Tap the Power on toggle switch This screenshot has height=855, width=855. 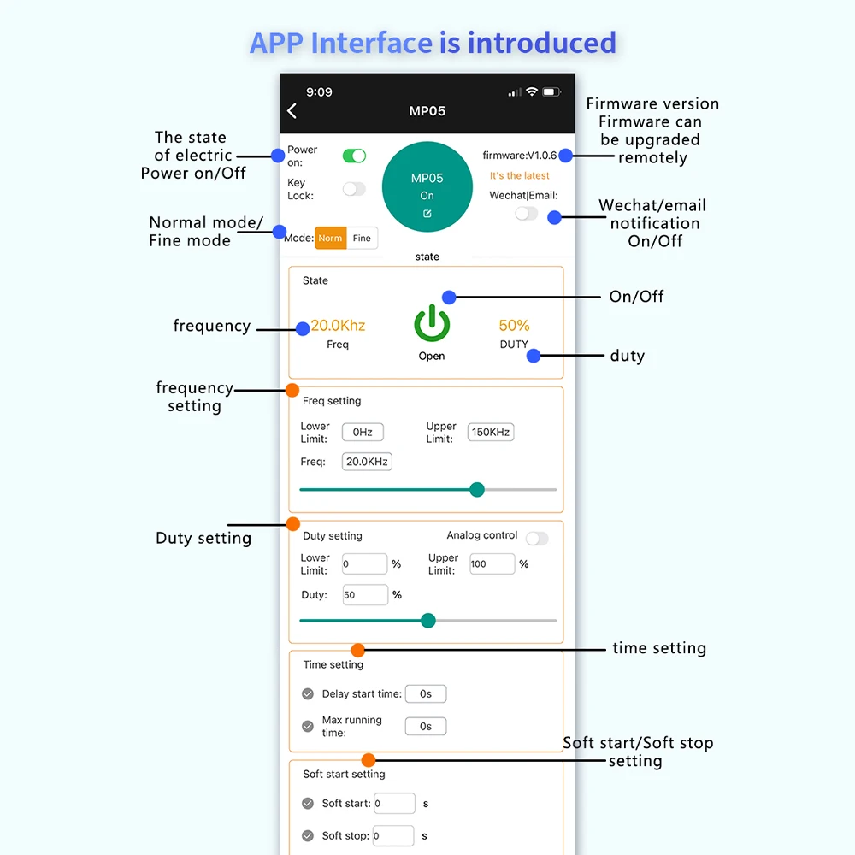pyautogui.click(x=354, y=156)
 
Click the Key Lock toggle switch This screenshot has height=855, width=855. pyautogui.click(x=354, y=189)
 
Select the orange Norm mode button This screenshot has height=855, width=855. pyautogui.click(x=330, y=239)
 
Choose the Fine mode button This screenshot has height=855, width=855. pyautogui.click(x=362, y=239)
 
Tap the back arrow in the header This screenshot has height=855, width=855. pyautogui.click(x=292, y=111)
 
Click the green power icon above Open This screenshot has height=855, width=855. pyautogui.click(x=432, y=325)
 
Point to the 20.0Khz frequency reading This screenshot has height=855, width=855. pyautogui.click(x=338, y=326)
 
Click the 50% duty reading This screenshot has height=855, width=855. pyautogui.click(x=514, y=326)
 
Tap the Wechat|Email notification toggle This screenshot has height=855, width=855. pyautogui.click(x=526, y=214)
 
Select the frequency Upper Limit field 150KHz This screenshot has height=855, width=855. pyautogui.click(x=491, y=433)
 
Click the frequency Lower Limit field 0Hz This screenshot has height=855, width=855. pyautogui.click(x=363, y=433)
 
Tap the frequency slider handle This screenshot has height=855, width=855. pyautogui.click(x=477, y=490)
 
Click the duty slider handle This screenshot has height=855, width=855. pyautogui.click(x=428, y=621)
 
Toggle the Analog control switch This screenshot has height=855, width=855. pyautogui.click(x=537, y=539)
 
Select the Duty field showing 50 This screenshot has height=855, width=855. pyautogui.click(x=365, y=595)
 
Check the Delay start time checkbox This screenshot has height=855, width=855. pyautogui.click(x=308, y=694)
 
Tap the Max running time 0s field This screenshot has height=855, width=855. pyautogui.click(x=426, y=727)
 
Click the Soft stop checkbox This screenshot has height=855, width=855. pyautogui.click(x=308, y=836)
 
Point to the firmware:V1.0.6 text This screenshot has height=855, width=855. pyautogui.click(x=519, y=156)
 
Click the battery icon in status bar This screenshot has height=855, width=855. pyautogui.click(x=551, y=92)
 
